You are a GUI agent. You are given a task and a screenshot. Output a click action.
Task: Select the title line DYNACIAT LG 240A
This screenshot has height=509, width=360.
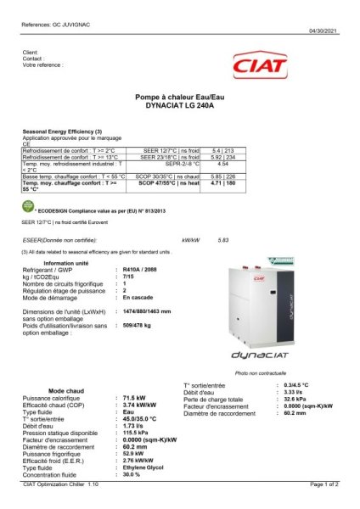[x=179, y=104]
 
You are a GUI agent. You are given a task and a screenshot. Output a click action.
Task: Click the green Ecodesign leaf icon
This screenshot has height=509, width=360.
[x=27, y=206]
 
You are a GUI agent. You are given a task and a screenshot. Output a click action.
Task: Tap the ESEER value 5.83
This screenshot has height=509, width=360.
[x=224, y=241]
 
